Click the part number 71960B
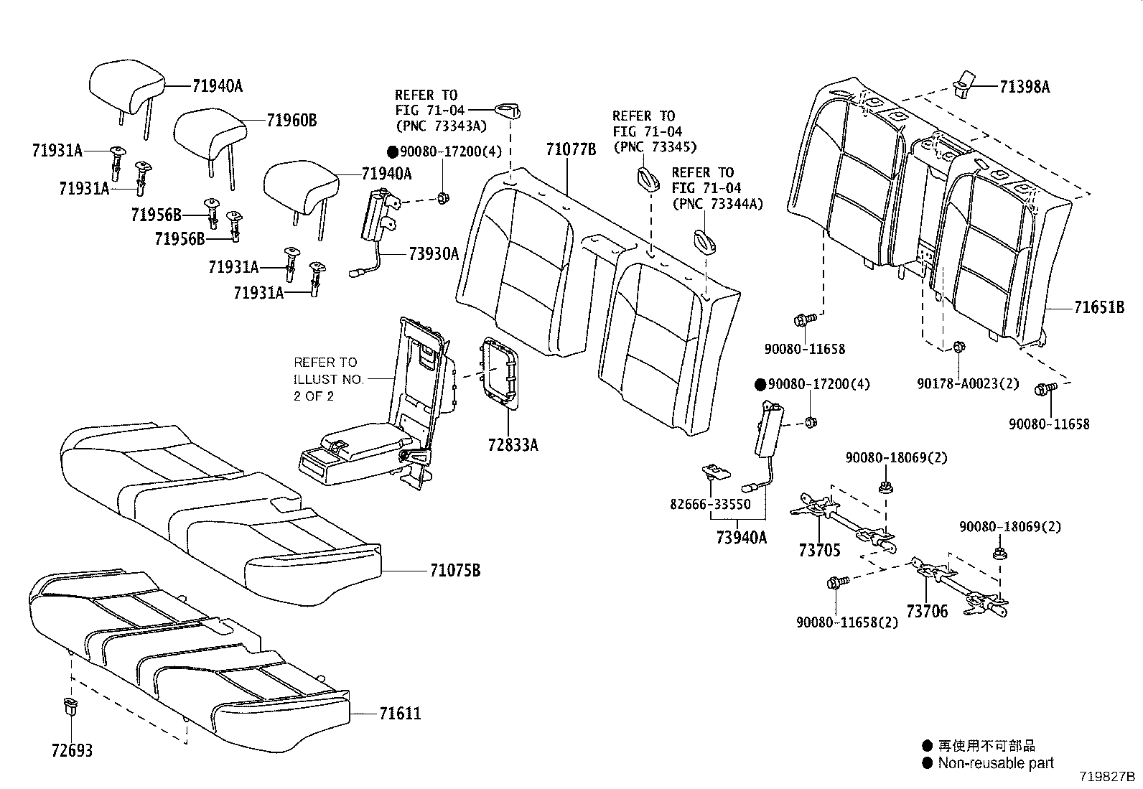(291, 121)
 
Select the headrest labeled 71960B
(209, 134)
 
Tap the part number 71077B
(571, 149)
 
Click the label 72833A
(513, 445)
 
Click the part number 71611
(400, 714)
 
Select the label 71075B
(455, 571)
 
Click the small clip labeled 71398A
(964, 82)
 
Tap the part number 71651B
(1099, 308)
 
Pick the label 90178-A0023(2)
(968, 384)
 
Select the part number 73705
(819, 551)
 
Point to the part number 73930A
(434, 253)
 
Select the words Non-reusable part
(996, 763)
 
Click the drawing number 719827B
(1106, 778)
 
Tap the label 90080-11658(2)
(846, 622)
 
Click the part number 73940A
(741, 536)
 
